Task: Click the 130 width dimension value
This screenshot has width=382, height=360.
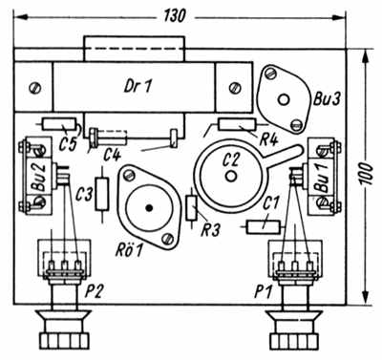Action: (x=175, y=16)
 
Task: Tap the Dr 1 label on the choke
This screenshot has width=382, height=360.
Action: (x=138, y=86)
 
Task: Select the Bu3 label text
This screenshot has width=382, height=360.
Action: (x=327, y=99)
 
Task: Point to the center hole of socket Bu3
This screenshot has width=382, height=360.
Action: (x=284, y=100)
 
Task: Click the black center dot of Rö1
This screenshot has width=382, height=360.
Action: (x=148, y=208)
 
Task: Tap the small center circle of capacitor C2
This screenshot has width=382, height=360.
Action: (x=231, y=176)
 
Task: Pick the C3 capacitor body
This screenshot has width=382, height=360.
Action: (x=102, y=194)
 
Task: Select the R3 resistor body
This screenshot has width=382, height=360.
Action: (x=192, y=208)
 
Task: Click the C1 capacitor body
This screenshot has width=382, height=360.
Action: (x=264, y=227)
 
